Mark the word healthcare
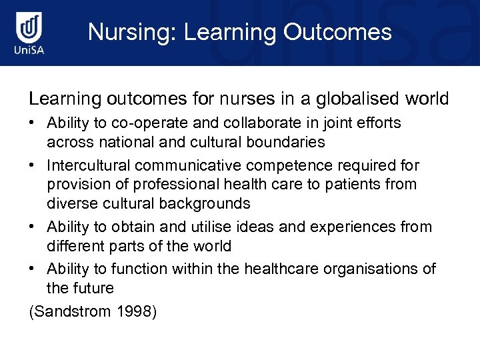point(280,269)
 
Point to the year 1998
point(134,311)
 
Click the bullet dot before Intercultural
point(33,165)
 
